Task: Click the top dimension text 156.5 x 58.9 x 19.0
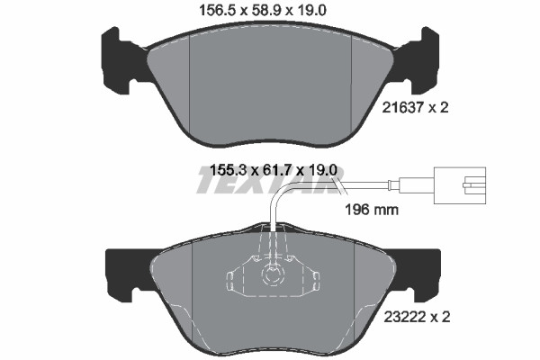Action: [x=263, y=10]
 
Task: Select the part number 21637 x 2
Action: [x=415, y=108]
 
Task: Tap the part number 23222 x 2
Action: [x=417, y=317]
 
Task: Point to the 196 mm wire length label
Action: [x=372, y=209]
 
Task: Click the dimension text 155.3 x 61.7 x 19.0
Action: [x=273, y=170]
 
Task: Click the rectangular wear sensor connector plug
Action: [x=460, y=185]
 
